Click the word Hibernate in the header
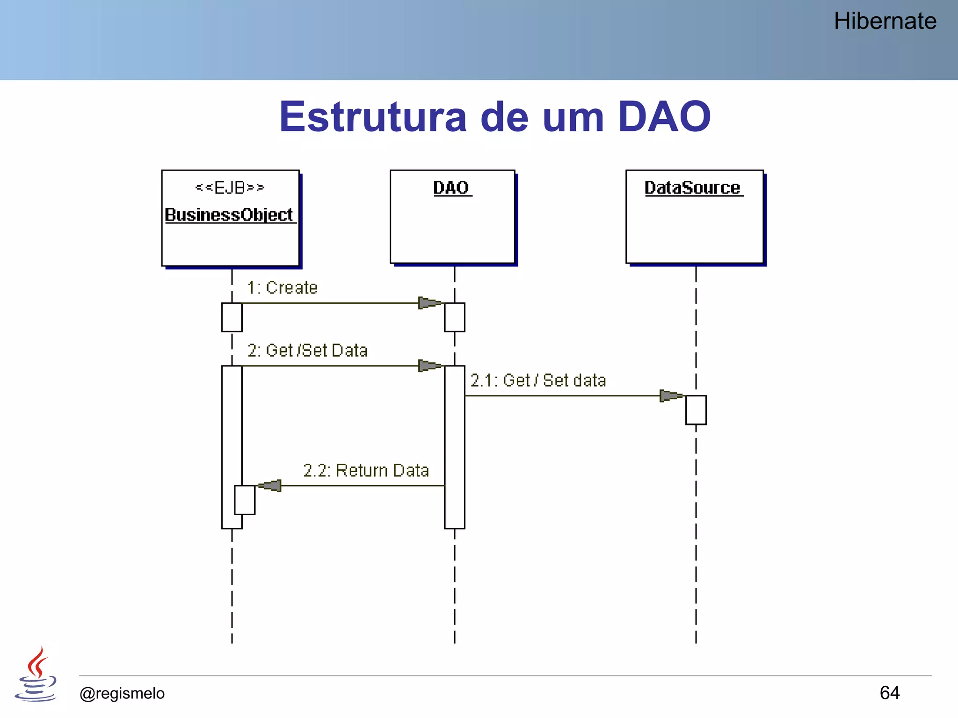(x=885, y=22)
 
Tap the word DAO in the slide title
(x=664, y=117)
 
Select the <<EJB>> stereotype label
(x=230, y=188)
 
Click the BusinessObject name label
(x=229, y=215)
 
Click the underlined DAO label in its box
(x=451, y=188)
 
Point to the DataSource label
(x=693, y=188)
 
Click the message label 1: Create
(x=282, y=288)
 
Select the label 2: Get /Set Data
(x=307, y=351)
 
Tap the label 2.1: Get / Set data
(x=538, y=381)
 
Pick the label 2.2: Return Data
(x=366, y=470)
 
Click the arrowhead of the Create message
(x=429, y=303)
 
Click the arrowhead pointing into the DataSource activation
(x=671, y=396)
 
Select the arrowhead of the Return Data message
(x=270, y=486)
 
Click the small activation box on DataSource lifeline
(x=696, y=410)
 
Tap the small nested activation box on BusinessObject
(x=245, y=500)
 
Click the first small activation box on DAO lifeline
(x=454, y=317)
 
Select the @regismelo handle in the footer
(x=122, y=693)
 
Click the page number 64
(x=889, y=693)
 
